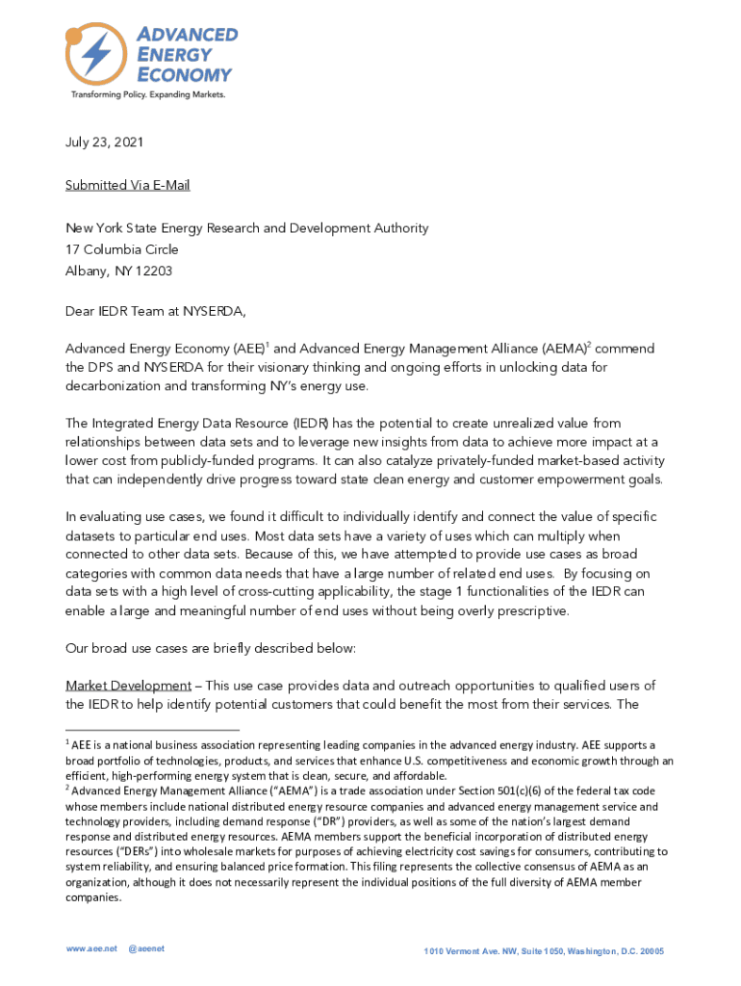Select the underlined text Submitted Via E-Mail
click(121, 185)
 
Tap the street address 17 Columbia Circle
click(121, 249)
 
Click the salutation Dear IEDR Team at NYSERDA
click(155, 314)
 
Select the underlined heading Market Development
click(128, 686)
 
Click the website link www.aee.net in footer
click(91, 948)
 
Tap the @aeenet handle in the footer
click(145, 948)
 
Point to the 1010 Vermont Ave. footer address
click(544, 951)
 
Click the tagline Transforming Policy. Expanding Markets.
click(146, 94)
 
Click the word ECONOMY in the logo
click(184, 74)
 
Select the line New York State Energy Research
click(246, 228)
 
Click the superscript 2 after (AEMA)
click(590, 343)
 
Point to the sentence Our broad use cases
click(211, 649)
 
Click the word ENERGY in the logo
click(173, 55)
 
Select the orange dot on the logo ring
click(73, 36)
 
